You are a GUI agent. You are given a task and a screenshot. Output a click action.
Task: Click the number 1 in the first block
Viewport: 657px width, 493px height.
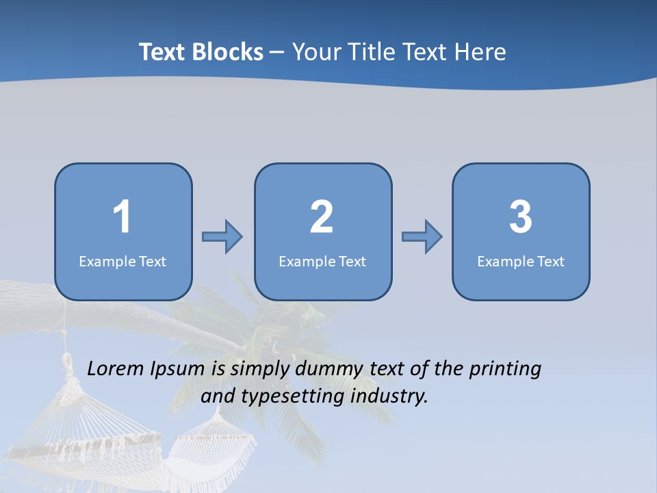click(x=123, y=217)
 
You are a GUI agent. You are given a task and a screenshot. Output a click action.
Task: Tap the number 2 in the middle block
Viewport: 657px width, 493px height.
click(x=322, y=217)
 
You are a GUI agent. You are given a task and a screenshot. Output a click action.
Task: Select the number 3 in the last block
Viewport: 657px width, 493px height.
click(x=521, y=217)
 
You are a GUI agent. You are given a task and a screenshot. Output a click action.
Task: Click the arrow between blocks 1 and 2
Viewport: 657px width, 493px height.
click(x=222, y=237)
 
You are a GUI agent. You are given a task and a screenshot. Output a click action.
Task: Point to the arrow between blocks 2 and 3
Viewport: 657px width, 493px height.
click(x=422, y=237)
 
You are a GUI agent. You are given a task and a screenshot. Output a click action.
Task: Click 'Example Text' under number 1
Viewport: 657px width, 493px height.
click(x=123, y=262)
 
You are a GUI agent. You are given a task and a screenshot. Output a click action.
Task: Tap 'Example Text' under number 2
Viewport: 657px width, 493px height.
click(x=322, y=262)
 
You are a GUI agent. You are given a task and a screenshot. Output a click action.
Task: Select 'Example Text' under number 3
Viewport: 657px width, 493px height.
click(x=521, y=262)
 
